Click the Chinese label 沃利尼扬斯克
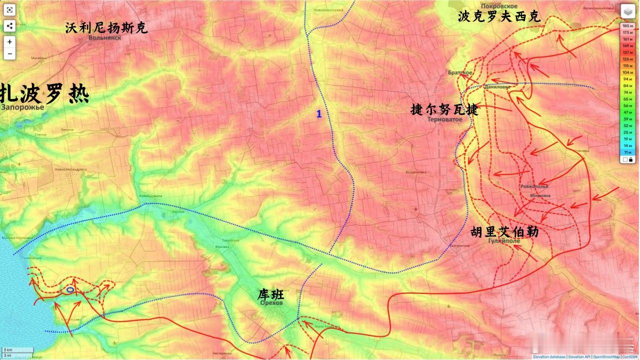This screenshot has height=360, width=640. click(106, 28)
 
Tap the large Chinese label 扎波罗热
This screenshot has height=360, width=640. click(44, 93)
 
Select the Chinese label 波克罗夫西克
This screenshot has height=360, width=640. click(499, 16)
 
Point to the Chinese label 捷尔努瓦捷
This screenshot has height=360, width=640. click(444, 109)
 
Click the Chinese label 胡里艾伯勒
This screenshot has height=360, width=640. click(504, 232)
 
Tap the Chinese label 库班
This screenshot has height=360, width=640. click(270, 294)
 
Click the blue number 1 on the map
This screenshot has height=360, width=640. click(319, 114)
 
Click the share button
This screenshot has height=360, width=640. click(9, 26)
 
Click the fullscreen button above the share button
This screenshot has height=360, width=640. click(9, 9)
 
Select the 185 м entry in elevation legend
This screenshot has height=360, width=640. click(626, 25)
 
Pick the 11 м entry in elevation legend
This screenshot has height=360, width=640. click(626, 151)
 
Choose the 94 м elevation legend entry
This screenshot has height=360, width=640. click(626, 79)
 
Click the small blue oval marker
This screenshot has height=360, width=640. click(70, 289)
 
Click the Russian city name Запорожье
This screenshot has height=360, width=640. click(22, 107)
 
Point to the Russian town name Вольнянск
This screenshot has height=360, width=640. click(104, 37)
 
